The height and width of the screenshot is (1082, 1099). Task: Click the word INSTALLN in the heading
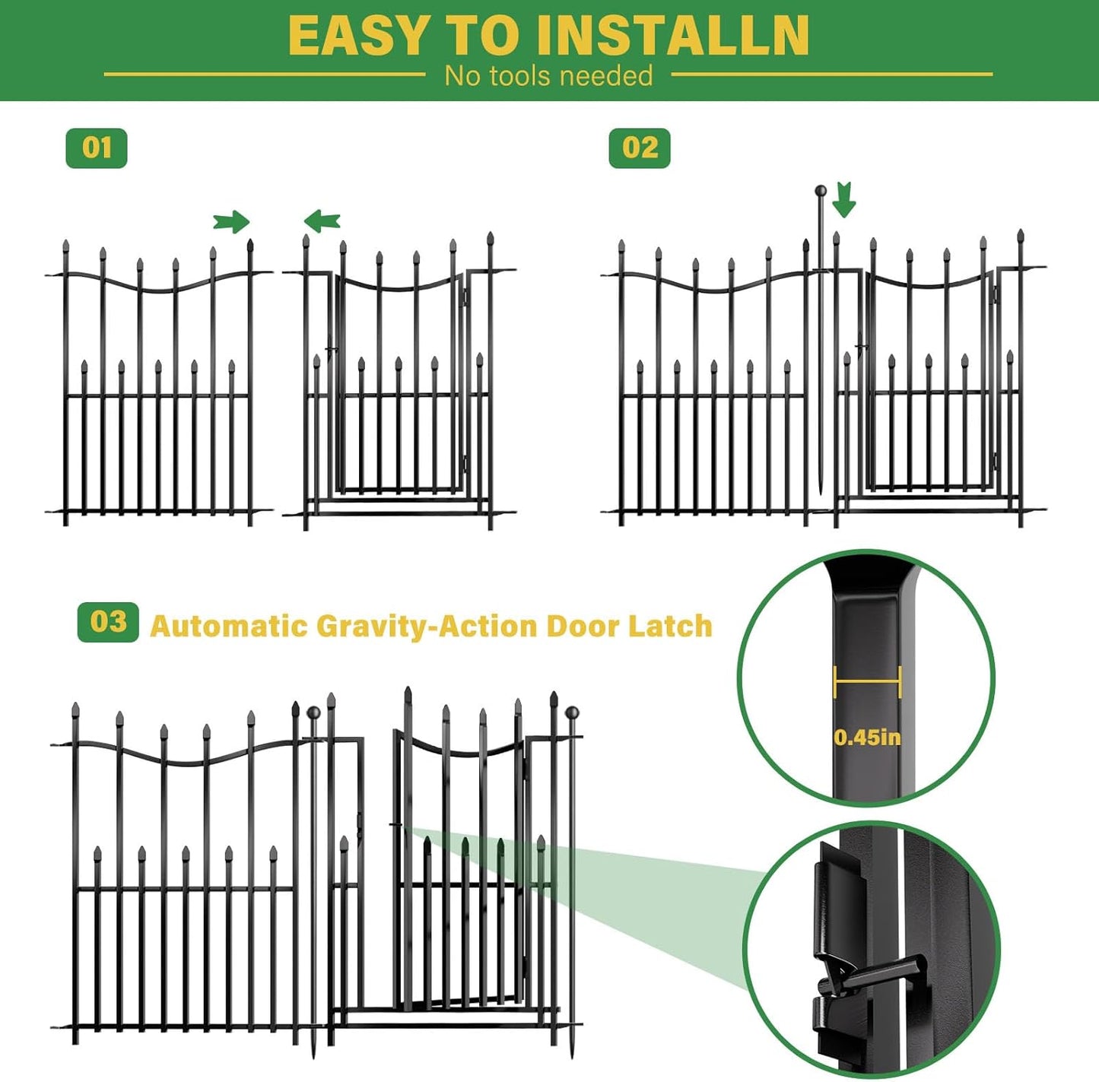click(x=672, y=36)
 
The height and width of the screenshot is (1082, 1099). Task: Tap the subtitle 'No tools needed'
click(x=548, y=76)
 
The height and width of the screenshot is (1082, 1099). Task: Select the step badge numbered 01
click(x=97, y=148)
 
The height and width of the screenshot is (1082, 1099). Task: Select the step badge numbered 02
click(x=640, y=148)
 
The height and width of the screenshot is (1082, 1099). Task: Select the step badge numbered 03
click(x=108, y=622)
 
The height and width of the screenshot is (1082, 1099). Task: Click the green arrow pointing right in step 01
click(x=231, y=222)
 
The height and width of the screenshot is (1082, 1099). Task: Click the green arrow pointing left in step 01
click(x=322, y=221)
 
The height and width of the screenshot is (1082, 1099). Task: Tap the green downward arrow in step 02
click(x=843, y=200)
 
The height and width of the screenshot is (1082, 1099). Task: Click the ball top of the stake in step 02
click(x=821, y=191)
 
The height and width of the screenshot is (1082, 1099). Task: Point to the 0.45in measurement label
click(x=867, y=737)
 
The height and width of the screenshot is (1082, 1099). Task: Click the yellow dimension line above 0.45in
click(x=867, y=681)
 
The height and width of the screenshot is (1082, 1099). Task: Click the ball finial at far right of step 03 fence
click(x=573, y=712)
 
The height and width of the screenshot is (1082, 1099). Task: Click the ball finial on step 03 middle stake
click(x=313, y=712)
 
